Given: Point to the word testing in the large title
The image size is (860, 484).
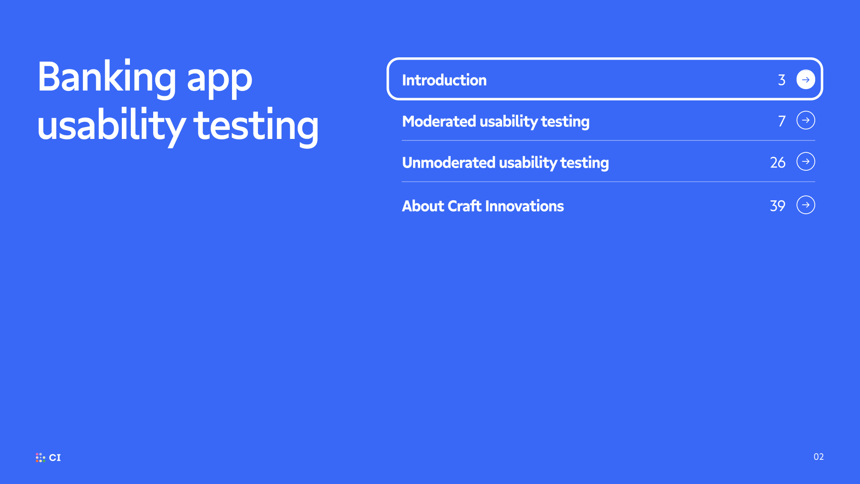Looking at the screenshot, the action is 256,127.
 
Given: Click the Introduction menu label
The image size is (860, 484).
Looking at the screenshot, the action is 444,80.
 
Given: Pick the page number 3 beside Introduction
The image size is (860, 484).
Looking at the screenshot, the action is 782,80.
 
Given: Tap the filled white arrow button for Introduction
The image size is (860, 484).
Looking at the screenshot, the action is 806,79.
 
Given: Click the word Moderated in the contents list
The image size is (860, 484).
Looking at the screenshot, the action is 439,121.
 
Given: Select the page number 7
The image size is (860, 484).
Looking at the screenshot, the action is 782,121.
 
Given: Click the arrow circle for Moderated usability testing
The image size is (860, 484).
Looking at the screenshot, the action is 806,120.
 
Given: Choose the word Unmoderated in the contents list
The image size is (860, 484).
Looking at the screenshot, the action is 448,162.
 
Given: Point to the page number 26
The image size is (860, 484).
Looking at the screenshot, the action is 778,162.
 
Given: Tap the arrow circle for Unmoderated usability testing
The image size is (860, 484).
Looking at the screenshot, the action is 806,161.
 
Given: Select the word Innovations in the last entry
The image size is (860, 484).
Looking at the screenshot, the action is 525,206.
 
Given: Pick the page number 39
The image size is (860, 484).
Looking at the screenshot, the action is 778,206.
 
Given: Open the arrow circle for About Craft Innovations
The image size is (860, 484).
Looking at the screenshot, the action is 806,205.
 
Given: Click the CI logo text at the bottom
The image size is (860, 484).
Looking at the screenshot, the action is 55,458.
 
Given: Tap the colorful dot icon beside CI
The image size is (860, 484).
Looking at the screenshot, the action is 40,458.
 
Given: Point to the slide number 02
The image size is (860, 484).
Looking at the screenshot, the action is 819,457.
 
